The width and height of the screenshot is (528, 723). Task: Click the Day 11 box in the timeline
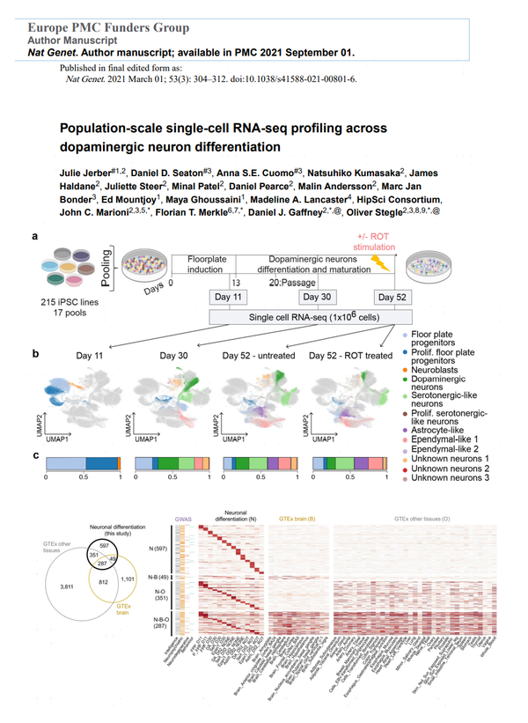pyautogui.click(x=228, y=296)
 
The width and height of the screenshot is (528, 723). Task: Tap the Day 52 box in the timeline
pyautogui.click(x=392, y=296)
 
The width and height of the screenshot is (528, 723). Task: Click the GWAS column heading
pyautogui.click(x=183, y=520)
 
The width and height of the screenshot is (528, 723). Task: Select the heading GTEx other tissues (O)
pyautogui.click(x=423, y=520)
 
